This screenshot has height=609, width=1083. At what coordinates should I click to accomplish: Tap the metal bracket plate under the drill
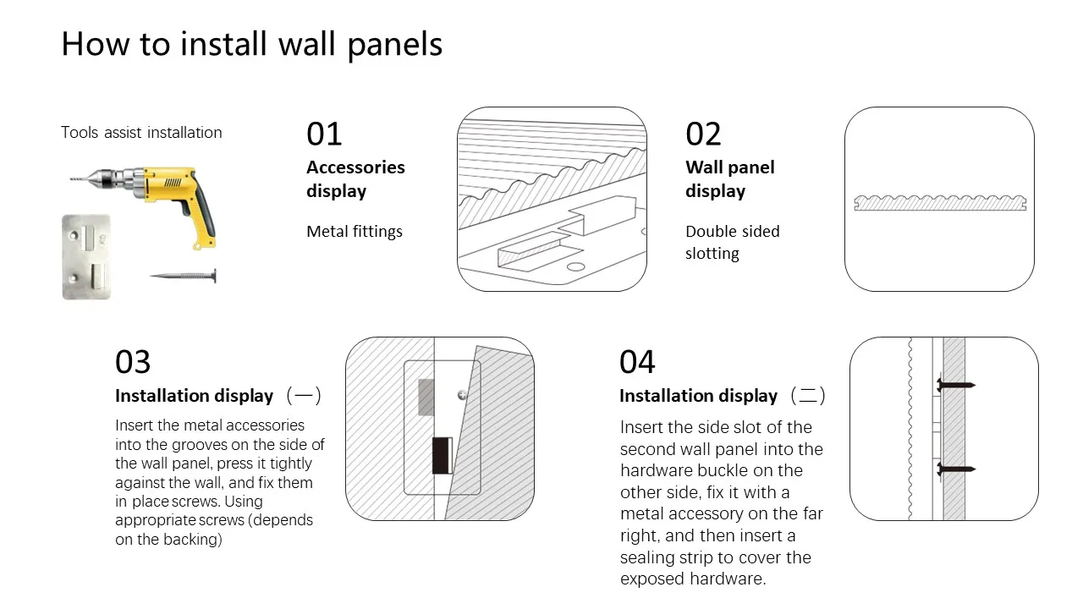[86, 256]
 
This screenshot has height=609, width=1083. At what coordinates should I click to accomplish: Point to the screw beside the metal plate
[184, 276]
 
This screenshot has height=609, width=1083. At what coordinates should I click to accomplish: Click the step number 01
[324, 134]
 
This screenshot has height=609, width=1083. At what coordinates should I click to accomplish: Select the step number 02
[703, 134]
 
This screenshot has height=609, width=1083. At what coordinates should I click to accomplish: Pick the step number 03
[133, 362]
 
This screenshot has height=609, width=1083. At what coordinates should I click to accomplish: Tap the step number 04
[637, 362]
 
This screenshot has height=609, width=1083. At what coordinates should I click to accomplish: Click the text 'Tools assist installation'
[141, 133]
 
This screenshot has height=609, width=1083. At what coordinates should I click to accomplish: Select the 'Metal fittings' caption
[355, 232]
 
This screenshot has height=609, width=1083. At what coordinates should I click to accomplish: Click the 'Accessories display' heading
[355, 178]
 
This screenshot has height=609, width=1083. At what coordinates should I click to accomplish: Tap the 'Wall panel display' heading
[729, 178]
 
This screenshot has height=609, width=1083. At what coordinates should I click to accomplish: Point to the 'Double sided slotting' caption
[732, 242]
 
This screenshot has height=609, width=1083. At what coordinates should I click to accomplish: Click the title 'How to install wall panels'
[251, 44]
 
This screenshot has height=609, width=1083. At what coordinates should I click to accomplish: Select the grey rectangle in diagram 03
[426, 397]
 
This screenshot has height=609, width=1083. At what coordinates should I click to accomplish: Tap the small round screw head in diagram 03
[461, 394]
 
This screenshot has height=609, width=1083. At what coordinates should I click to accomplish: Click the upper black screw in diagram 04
[955, 386]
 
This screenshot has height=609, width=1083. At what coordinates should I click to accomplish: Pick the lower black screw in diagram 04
[955, 469]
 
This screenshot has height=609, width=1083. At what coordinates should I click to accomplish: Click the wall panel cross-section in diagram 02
[939, 203]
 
